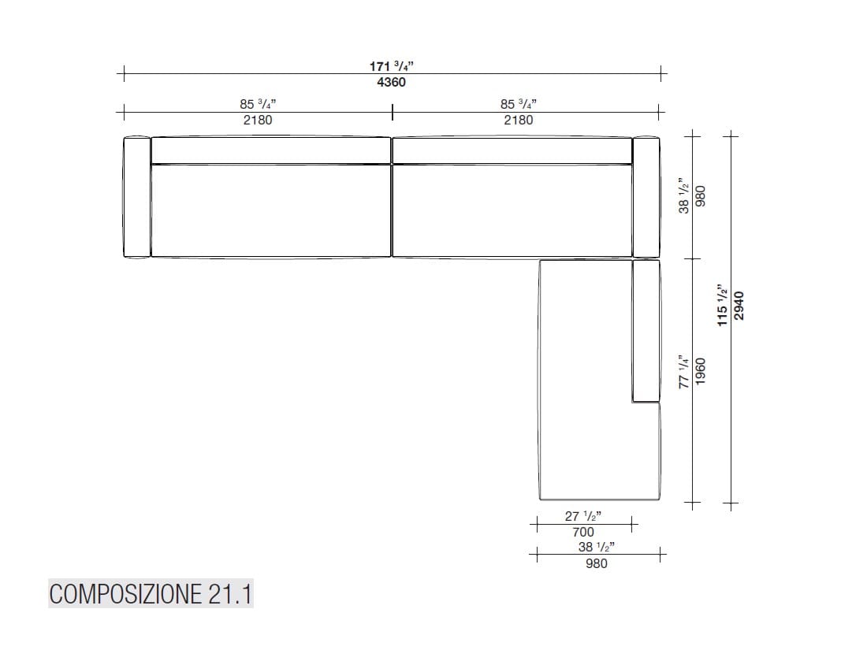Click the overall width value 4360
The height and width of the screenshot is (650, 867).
point(392,83)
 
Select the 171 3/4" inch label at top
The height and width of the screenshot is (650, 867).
point(392,67)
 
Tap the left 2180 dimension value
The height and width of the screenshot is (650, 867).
point(258,120)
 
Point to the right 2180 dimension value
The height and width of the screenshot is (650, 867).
point(518,120)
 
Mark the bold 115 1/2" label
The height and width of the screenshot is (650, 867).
point(723,306)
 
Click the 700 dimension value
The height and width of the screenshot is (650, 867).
point(583,533)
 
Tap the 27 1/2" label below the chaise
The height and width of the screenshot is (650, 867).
point(583,517)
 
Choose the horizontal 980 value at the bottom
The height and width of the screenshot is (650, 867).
point(597,563)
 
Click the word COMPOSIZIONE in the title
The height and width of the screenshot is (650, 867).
point(125,594)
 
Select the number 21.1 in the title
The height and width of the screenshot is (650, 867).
point(230,594)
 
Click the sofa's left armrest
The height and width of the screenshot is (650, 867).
point(137,197)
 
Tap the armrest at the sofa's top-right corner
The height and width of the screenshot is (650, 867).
point(646,197)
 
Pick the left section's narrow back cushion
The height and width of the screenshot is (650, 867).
point(271,150)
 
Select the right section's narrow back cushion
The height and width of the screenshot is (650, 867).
point(512,150)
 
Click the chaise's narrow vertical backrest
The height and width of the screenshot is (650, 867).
point(646,331)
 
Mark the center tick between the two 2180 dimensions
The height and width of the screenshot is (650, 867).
point(393,113)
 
